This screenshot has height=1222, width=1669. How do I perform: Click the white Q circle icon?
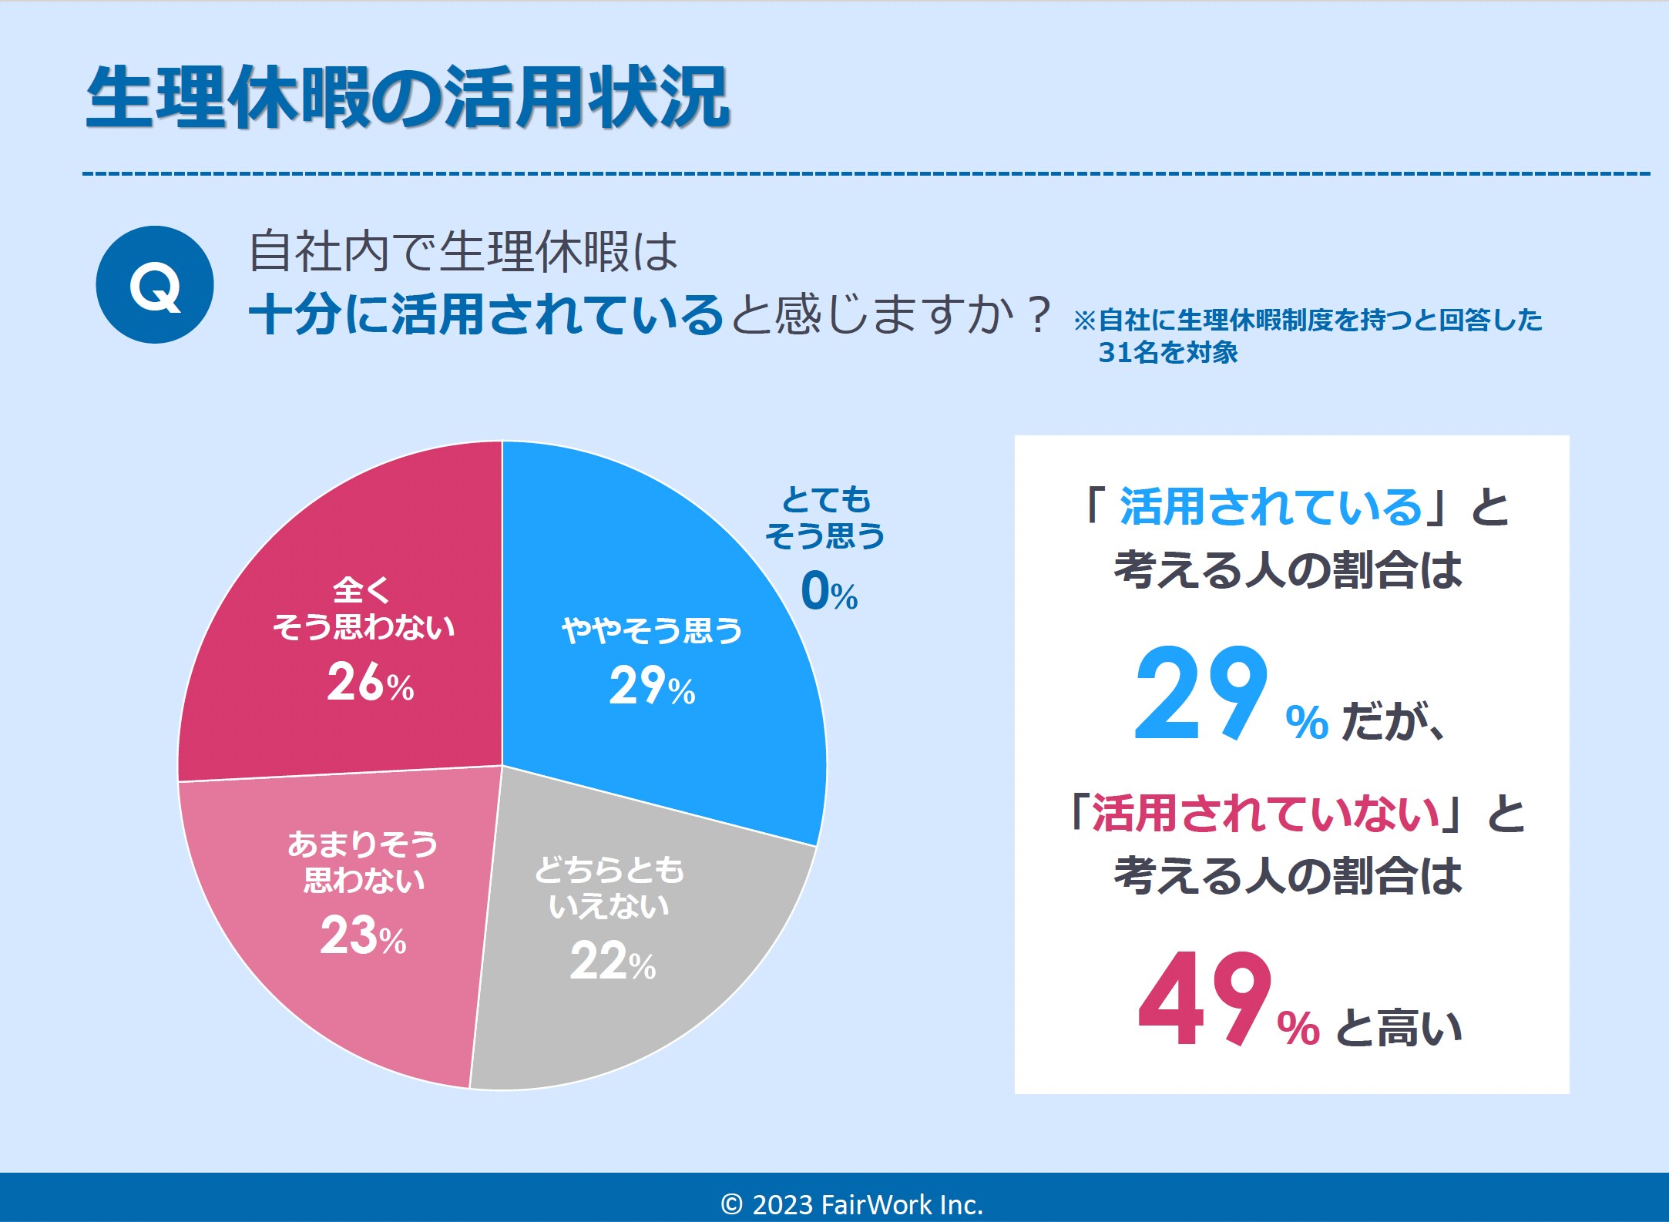155,285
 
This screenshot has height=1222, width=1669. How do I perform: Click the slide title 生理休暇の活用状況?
408,97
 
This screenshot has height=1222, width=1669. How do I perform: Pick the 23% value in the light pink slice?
363,936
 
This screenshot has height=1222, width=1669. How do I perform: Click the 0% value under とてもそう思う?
829,592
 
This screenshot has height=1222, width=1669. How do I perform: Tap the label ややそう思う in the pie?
652,630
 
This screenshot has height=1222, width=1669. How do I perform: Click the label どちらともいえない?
609,888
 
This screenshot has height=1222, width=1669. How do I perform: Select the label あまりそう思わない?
363,861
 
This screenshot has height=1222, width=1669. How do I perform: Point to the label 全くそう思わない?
363,609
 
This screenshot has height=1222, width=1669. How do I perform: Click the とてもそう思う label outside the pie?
825,517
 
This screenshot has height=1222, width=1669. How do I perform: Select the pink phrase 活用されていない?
1265,814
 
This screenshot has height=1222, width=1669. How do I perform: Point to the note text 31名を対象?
1167,352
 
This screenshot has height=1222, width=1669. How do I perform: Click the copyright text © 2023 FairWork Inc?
851,1204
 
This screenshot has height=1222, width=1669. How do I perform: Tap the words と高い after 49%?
1398,1028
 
